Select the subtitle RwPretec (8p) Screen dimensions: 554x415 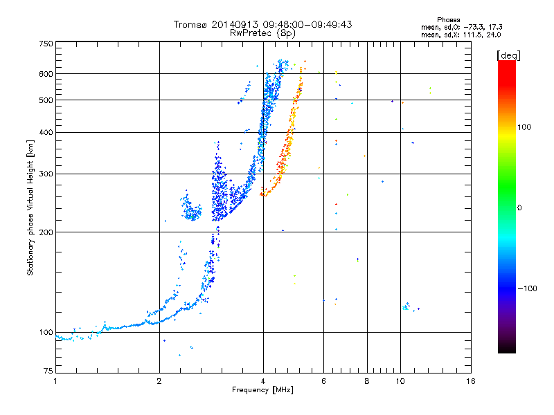[x=262, y=33]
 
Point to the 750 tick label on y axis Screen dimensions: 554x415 [x=46, y=44]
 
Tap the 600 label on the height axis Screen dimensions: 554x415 [x=46, y=74]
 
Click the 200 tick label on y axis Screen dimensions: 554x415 [x=46, y=232]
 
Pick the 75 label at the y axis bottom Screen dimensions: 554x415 [x=48, y=371]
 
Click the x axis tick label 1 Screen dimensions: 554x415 [x=55, y=381]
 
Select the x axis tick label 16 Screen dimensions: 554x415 [x=471, y=381]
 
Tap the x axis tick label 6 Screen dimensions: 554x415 [x=323, y=381]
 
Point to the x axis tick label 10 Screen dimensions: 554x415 [x=400, y=381]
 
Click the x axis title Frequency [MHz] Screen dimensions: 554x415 [x=262, y=390]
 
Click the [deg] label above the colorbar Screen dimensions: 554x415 [x=508, y=55]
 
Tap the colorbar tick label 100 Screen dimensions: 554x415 [x=524, y=127]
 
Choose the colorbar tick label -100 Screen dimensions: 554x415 [x=527, y=288]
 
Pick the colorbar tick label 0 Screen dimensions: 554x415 [x=519, y=208]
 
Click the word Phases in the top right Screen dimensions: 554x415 [x=448, y=20]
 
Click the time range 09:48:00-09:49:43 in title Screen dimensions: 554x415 [x=307, y=24]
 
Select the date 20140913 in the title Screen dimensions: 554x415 [x=235, y=24]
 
